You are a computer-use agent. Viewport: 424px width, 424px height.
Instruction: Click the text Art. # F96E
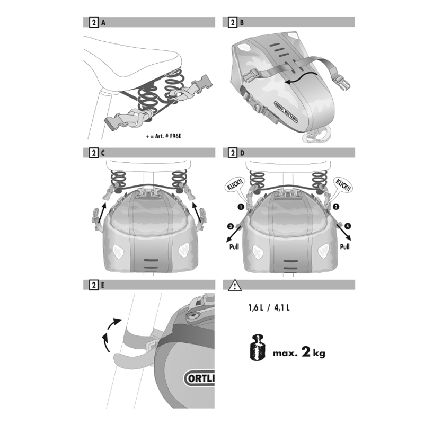(x=168, y=136)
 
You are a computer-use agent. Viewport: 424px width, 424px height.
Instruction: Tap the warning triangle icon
(x=234, y=285)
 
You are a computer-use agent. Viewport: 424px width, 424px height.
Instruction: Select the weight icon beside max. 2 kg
(x=258, y=348)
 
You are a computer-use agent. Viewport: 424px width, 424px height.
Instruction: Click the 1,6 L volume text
(x=256, y=308)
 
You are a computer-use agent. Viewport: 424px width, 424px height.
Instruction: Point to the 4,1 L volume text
(x=282, y=308)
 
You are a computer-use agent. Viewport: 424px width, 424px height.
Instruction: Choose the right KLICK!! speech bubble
(x=343, y=185)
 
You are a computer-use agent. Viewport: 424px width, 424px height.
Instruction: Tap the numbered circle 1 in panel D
(x=241, y=207)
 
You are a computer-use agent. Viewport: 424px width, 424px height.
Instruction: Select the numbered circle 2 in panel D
(x=335, y=207)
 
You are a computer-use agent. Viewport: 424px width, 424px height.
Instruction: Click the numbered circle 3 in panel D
(x=231, y=226)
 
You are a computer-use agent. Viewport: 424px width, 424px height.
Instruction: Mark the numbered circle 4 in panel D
(x=348, y=226)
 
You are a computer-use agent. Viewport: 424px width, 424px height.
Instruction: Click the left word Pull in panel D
(x=234, y=246)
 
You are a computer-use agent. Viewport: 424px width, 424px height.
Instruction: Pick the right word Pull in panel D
(x=345, y=246)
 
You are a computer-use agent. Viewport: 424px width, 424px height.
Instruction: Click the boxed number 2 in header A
(x=94, y=22)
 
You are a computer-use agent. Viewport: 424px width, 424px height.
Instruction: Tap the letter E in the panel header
(x=102, y=285)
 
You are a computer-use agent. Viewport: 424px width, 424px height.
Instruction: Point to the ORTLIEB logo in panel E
(x=199, y=378)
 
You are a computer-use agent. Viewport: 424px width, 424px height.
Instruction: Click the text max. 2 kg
(x=299, y=352)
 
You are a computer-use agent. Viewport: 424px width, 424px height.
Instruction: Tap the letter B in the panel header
(x=242, y=23)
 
